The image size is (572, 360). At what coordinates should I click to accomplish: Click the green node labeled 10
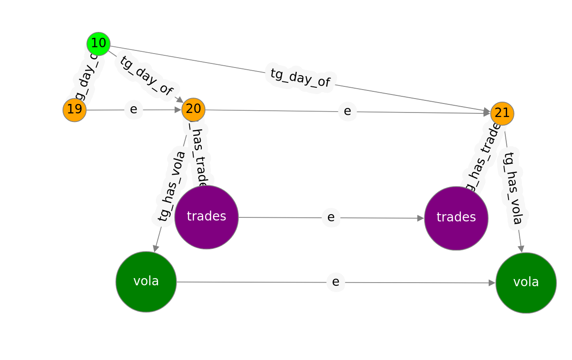tap(98, 44)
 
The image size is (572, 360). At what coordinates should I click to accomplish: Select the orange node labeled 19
tap(74, 110)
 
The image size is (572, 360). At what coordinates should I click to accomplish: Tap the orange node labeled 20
tap(193, 109)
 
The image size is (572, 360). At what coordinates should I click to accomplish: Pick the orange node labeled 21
tap(502, 113)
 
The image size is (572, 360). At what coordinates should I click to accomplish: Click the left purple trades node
tap(206, 217)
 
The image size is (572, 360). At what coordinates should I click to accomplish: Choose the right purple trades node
tap(456, 218)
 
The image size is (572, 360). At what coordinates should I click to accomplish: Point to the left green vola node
tap(146, 282)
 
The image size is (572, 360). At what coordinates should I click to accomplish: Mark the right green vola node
tap(526, 283)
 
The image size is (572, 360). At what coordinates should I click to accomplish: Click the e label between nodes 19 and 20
tap(133, 110)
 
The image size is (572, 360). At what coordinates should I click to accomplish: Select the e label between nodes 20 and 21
tap(347, 111)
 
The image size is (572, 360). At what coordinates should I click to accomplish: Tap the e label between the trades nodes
tap(331, 218)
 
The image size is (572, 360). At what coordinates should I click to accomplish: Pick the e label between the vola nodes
tap(336, 282)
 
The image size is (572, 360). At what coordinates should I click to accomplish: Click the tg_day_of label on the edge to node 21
tap(300, 78)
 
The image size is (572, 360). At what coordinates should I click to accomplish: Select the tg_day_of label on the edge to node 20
tap(146, 76)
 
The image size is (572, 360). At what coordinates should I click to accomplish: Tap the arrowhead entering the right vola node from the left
tap(492, 283)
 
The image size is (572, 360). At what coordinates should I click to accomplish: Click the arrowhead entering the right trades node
tap(421, 218)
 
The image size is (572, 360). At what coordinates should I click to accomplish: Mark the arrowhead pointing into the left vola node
tap(156, 248)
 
